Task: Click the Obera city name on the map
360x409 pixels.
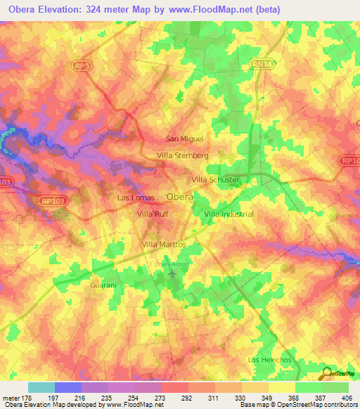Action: click(x=179, y=197)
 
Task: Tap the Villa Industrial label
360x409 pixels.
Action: click(x=229, y=214)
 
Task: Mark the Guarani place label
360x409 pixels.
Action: click(x=103, y=286)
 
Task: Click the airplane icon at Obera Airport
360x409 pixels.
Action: click(x=173, y=274)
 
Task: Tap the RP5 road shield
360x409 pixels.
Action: click(x=81, y=65)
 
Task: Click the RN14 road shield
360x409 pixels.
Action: click(x=259, y=64)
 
